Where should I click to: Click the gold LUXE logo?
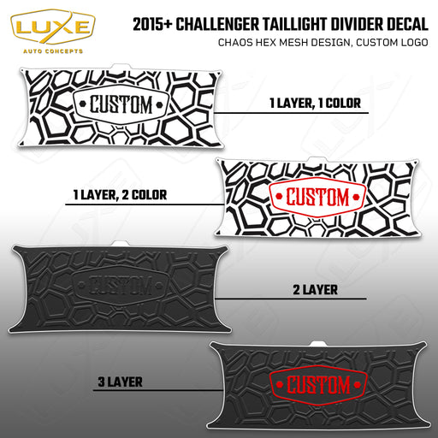[x=53, y=27]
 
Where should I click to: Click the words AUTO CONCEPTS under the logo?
[x=53, y=51]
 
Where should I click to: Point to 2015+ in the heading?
[x=152, y=24]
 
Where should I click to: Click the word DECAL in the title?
[x=407, y=24]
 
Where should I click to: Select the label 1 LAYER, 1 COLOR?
[x=315, y=104]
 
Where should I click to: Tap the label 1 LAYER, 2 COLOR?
[x=120, y=195]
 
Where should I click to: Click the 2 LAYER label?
[x=315, y=290]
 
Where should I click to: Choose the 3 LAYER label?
[x=120, y=382]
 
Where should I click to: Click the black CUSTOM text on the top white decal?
[x=121, y=104]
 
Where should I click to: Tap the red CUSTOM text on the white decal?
[x=317, y=197]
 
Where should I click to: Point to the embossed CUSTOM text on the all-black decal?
[x=121, y=285]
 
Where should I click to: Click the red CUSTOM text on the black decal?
[x=318, y=385]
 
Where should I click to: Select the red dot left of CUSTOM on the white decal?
[x=279, y=197]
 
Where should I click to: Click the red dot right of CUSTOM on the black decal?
[x=357, y=385]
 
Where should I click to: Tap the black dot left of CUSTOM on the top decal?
[x=83, y=104]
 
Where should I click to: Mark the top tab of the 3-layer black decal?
[x=319, y=344]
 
